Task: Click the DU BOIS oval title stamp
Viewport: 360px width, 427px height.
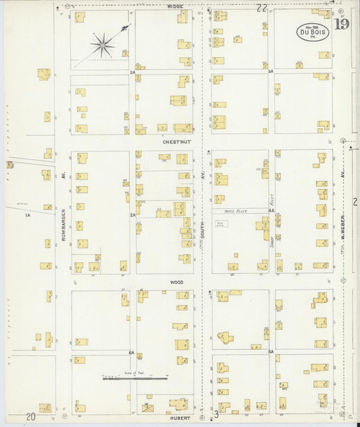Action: tap(313, 32)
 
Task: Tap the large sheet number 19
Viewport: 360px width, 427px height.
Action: tap(341, 26)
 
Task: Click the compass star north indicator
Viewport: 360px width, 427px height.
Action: tap(103, 45)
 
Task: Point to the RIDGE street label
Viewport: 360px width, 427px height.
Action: tap(176, 6)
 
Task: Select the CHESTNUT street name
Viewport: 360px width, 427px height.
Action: tap(174, 143)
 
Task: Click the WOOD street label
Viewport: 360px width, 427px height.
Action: tap(176, 282)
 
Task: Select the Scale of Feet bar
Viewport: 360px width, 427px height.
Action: tap(135, 378)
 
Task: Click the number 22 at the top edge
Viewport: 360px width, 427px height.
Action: tap(261, 7)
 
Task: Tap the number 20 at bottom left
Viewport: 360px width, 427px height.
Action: tap(30, 418)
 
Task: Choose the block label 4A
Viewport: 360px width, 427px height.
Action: tap(270, 211)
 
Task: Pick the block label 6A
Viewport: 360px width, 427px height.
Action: tap(132, 352)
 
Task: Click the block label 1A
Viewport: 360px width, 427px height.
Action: tap(28, 215)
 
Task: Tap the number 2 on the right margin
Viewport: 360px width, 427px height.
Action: tap(355, 201)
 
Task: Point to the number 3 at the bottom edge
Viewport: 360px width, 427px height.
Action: tap(216, 413)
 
